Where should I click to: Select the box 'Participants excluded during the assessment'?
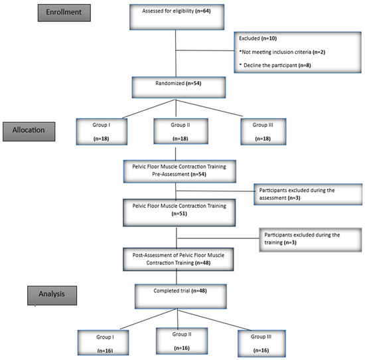tap(301, 194)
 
